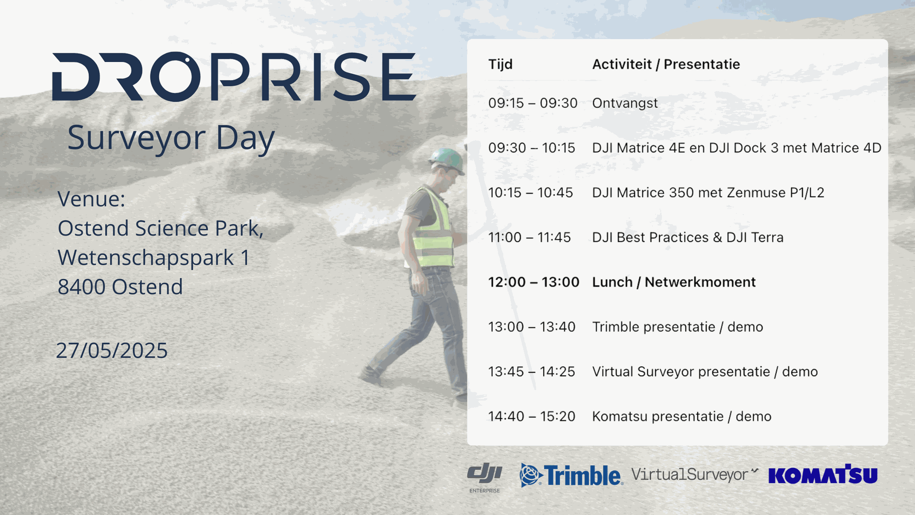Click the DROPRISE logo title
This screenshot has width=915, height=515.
(x=234, y=76)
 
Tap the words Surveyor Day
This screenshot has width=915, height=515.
(x=171, y=138)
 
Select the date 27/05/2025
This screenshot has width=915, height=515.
(x=112, y=350)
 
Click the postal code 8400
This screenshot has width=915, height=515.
(x=81, y=287)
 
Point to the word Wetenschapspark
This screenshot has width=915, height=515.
(x=146, y=258)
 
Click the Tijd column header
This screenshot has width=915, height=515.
(x=500, y=64)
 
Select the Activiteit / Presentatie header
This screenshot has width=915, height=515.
(x=666, y=64)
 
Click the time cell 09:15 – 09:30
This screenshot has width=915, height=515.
(x=533, y=103)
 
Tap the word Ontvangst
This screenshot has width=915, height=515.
(x=625, y=103)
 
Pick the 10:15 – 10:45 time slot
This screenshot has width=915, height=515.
(x=530, y=193)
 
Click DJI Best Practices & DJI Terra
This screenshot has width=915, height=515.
(x=688, y=237)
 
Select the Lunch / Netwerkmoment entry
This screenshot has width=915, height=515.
(x=674, y=282)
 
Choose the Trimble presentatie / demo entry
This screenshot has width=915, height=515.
(x=678, y=327)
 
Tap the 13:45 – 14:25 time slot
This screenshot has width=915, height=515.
(x=532, y=372)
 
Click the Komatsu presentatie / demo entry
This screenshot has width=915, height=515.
(x=681, y=417)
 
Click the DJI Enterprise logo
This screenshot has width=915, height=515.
(x=485, y=477)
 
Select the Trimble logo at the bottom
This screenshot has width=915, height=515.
(x=571, y=475)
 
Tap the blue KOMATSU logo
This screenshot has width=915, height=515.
(x=823, y=474)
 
